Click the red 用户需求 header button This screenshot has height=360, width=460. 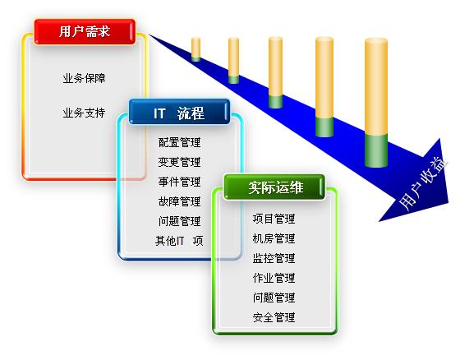point(85,32)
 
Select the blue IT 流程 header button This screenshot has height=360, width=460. point(179,112)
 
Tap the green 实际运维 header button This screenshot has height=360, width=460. point(274,187)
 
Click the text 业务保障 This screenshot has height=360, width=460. point(84,78)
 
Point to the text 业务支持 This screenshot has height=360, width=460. point(84,113)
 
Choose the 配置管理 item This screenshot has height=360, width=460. point(180,142)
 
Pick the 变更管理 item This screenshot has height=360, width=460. point(180,162)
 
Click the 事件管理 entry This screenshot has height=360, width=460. point(180,182)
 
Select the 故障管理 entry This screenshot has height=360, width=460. point(180,201)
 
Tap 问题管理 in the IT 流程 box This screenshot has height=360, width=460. point(180,221)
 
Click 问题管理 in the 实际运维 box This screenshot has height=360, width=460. point(274,298)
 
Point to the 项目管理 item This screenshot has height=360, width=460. point(274,219)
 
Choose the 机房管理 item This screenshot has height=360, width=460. point(274,238)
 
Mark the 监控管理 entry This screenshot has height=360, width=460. point(274,258)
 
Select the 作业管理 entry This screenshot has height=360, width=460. point(274,278)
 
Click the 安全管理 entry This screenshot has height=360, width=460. point(274,317)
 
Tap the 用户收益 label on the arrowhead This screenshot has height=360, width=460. point(423,183)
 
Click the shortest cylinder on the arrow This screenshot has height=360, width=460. point(196,49)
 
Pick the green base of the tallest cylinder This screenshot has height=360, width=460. point(376,150)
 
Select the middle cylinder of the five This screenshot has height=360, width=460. point(275,72)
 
